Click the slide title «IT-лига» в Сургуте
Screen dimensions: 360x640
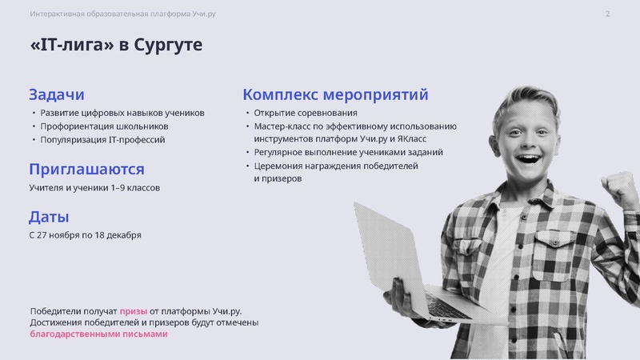116,46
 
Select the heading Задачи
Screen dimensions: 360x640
57,94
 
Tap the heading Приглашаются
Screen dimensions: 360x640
86,169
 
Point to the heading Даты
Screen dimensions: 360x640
49,217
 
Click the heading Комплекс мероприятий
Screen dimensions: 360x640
335,94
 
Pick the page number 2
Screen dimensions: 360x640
608,14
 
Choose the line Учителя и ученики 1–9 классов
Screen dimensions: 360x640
94,188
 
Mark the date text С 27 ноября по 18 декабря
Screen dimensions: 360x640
85,235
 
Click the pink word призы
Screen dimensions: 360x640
133,310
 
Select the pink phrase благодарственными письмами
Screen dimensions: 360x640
98,334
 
